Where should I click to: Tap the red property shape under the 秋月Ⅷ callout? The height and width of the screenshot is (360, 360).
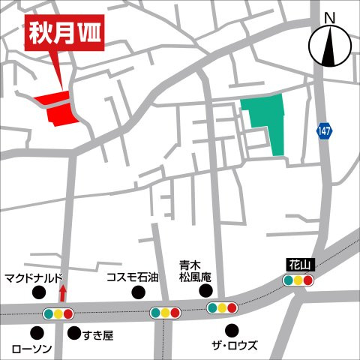click(x=60, y=109)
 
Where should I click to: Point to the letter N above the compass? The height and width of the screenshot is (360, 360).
click(x=328, y=17)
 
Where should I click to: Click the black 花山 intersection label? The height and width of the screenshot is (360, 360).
click(x=298, y=265)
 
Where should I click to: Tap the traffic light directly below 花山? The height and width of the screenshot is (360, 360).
click(x=298, y=280)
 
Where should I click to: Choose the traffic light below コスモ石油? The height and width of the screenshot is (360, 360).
click(x=165, y=312)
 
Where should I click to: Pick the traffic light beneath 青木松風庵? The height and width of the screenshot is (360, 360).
click(x=222, y=307)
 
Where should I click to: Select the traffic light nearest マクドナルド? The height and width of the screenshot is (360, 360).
click(x=58, y=313)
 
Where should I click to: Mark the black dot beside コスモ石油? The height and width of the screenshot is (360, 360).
click(x=137, y=292)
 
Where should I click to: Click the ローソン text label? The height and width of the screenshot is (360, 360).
click(x=31, y=349)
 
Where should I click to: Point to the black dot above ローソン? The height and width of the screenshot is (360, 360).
click(x=35, y=332)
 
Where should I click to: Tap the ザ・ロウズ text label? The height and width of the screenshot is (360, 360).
click(x=233, y=346)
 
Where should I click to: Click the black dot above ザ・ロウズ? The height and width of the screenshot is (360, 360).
click(x=233, y=328)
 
